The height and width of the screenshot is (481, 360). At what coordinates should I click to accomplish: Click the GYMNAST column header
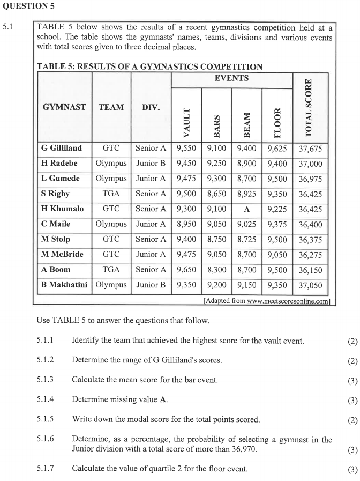tap(64, 107)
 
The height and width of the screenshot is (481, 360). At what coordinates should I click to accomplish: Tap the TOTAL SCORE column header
tap(309, 107)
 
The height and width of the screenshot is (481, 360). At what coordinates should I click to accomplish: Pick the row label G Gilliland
tap(62, 148)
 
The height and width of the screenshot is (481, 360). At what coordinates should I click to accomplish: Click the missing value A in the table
tap(246, 209)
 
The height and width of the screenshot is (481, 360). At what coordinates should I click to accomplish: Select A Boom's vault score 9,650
tap(186, 269)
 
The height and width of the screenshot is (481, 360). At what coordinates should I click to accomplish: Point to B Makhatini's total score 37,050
tap(310, 285)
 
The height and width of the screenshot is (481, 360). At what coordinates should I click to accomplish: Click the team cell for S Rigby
tap(111, 194)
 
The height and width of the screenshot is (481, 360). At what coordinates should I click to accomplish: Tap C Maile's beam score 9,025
tap(246, 224)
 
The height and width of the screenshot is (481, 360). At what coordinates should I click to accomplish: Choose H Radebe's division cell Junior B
tap(151, 163)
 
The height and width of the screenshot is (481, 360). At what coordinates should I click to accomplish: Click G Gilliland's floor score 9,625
tap(277, 148)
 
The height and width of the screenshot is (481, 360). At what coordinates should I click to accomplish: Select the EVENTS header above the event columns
tap(231, 78)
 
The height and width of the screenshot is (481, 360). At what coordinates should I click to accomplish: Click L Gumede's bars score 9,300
tap(216, 179)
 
